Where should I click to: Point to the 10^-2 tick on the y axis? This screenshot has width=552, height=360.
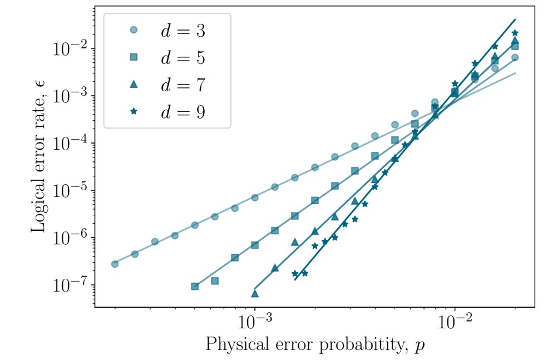pos(70,48)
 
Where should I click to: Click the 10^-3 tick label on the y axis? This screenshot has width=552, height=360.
pos(70,96)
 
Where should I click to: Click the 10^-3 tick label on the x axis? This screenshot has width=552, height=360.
pos(255,322)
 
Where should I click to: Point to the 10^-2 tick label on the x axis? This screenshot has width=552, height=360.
pos(455,322)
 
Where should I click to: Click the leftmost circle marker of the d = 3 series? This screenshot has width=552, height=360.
pos(115,264)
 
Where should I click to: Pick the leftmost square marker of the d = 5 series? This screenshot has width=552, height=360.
pos(195,287)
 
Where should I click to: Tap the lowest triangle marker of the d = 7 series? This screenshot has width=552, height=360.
pos(255,293)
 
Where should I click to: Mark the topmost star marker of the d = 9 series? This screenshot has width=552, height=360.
pos(515,33)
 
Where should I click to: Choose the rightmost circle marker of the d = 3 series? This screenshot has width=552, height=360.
pos(515,57)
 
